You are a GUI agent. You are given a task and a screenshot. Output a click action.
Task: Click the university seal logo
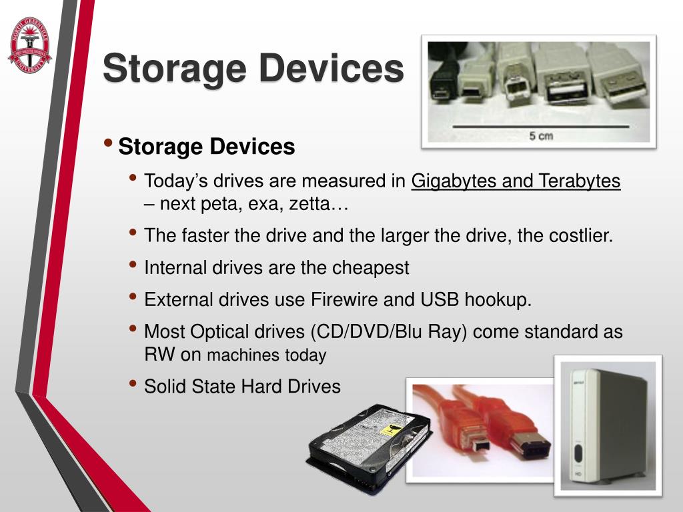click(29, 45)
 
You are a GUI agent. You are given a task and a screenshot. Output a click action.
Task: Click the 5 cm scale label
click(541, 135)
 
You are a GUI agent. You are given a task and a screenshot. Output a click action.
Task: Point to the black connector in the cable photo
click(441, 77)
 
